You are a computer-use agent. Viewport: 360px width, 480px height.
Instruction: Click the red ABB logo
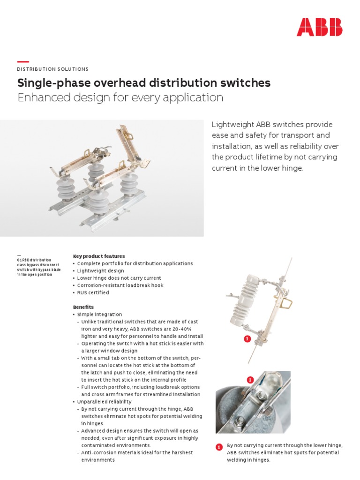[x=319, y=27]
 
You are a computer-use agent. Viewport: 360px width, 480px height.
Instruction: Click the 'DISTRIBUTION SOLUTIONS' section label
[x=52, y=69]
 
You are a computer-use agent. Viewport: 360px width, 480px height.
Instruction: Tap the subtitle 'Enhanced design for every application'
[x=120, y=97]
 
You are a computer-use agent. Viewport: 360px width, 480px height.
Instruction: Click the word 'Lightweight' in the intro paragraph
[x=232, y=125]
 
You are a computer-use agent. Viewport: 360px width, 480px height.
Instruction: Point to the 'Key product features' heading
[x=99, y=256]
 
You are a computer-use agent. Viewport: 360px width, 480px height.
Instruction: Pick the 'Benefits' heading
[x=83, y=307]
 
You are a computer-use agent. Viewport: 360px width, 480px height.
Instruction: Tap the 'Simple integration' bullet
[x=99, y=315]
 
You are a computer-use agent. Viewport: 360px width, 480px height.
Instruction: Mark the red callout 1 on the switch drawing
[x=247, y=338]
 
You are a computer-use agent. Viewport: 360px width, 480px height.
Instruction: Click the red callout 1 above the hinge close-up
[x=250, y=379]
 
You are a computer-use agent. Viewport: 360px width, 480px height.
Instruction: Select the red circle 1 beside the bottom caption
[x=219, y=448]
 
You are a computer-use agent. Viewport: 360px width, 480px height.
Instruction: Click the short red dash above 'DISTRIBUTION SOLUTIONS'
[x=23, y=62]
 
